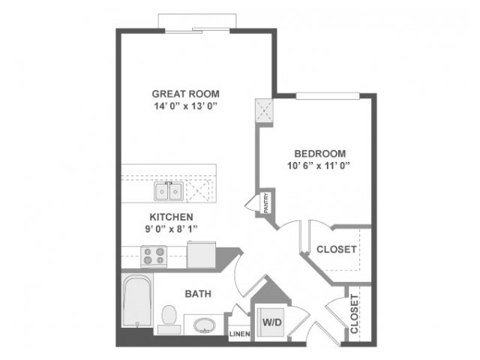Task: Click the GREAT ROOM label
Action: click(x=186, y=94)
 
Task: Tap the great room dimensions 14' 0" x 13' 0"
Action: click(x=185, y=106)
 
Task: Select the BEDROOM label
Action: click(x=320, y=153)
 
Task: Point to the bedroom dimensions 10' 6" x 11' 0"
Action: click(x=319, y=166)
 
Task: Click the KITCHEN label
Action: click(x=171, y=217)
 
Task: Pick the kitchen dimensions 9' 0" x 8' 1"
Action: click(x=172, y=229)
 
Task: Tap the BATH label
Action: click(x=198, y=294)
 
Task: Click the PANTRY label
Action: click(x=266, y=202)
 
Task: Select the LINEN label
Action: click(x=240, y=334)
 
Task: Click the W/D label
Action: click(x=271, y=322)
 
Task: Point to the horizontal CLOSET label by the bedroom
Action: click(x=337, y=250)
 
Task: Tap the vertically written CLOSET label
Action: click(x=354, y=313)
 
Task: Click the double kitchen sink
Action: click(x=169, y=191)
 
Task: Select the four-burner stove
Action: click(x=154, y=256)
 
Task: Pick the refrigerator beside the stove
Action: click(x=201, y=254)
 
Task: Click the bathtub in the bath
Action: click(x=137, y=300)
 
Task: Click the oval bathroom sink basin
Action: click(x=205, y=325)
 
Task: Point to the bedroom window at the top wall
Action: click(x=328, y=96)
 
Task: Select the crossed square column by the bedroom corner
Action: click(x=264, y=110)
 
